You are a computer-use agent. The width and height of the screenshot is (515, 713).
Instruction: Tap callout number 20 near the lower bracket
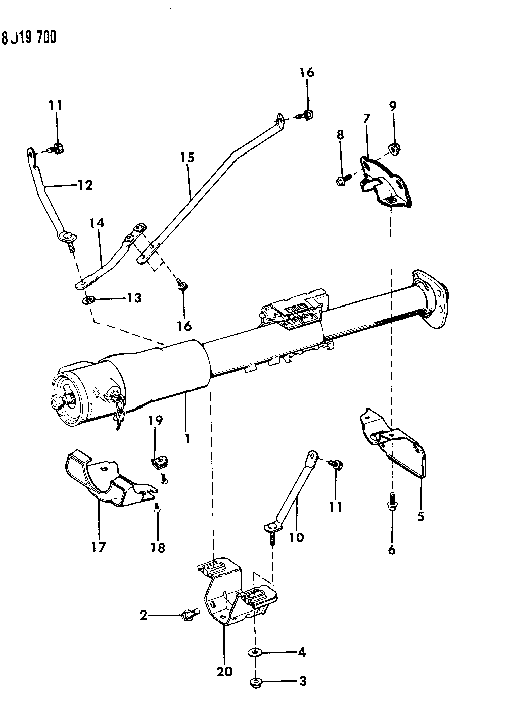[225, 671]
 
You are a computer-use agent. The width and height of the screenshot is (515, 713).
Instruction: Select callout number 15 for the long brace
[187, 158]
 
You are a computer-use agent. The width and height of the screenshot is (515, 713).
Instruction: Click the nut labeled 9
[392, 148]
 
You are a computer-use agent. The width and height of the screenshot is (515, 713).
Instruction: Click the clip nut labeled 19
[158, 461]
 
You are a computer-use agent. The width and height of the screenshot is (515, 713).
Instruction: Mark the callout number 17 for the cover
[99, 546]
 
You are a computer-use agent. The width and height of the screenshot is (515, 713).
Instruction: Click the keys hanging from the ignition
[118, 409]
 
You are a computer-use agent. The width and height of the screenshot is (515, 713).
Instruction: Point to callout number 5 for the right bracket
[420, 516]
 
